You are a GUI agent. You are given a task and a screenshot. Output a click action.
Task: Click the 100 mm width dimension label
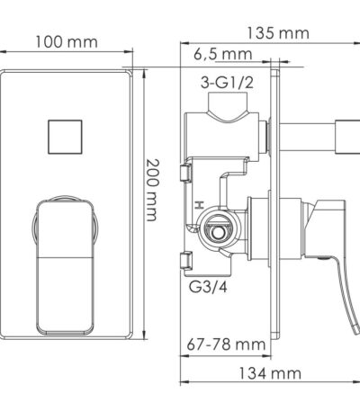click(x=67, y=42)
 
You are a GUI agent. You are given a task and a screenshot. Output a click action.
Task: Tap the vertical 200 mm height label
click(x=151, y=190)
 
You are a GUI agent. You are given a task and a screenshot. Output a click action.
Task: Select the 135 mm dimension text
click(x=278, y=33)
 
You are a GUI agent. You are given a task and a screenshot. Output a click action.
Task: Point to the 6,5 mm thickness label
click(x=222, y=54)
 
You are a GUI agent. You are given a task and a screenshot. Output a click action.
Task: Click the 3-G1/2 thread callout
click(x=227, y=83)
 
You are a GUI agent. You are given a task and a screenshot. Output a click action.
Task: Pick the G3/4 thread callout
click(x=208, y=287)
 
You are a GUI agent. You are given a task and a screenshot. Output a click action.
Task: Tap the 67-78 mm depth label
click(x=226, y=344)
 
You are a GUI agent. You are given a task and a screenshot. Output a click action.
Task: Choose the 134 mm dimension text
click(x=270, y=373)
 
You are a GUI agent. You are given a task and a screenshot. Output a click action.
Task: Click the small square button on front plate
click(x=65, y=137)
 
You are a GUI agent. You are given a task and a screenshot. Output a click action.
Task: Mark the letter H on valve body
click(x=199, y=206)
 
